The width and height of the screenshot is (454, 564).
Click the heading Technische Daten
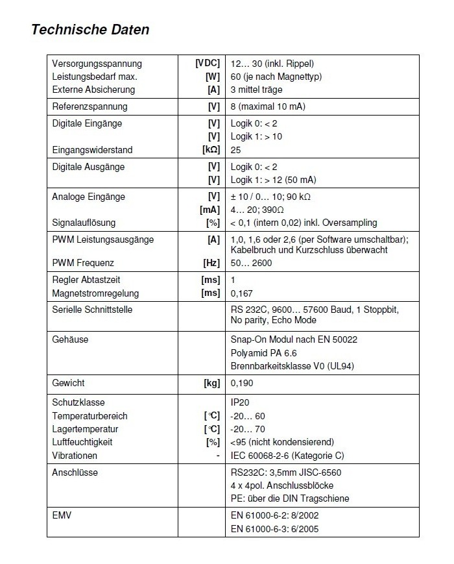90,29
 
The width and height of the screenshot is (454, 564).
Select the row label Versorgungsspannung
97,64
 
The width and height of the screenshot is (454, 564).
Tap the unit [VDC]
208,64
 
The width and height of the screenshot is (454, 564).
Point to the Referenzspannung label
90,106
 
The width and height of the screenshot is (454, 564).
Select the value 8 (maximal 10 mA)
268,106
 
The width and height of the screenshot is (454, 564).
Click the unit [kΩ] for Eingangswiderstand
211,150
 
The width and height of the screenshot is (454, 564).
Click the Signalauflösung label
84,223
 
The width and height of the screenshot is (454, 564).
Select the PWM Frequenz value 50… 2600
251,263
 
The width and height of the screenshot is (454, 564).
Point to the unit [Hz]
212,263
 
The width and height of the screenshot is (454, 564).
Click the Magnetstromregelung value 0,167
242,293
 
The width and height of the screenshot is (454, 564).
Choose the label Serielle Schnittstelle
92,310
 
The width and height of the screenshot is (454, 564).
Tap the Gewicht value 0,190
242,383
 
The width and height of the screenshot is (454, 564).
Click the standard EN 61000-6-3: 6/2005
274,529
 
